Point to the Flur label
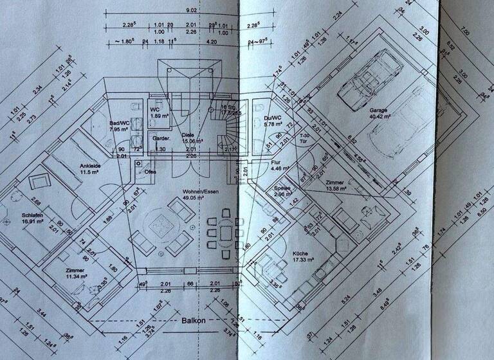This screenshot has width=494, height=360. (x=278, y=163)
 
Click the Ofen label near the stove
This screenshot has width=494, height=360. (x=150, y=172)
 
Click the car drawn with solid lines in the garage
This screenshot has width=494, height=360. (x=363, y=78)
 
